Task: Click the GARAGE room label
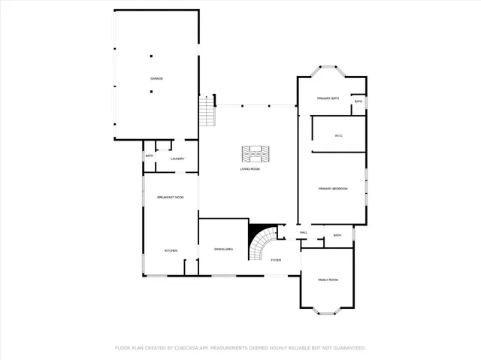156,78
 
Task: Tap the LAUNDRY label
177,159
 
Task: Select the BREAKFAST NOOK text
171,197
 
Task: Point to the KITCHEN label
171,250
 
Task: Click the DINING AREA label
223,249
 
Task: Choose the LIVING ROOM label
250,169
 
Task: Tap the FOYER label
276,260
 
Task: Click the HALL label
304,233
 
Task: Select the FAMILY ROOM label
328,280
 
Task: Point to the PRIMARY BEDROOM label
332,189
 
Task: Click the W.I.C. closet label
339,135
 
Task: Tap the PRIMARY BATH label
328,98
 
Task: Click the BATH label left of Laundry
149,156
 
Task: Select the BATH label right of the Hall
337,235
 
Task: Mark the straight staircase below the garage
207,113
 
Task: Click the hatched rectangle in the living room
255,153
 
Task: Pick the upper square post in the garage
151,56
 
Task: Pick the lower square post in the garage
151,92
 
